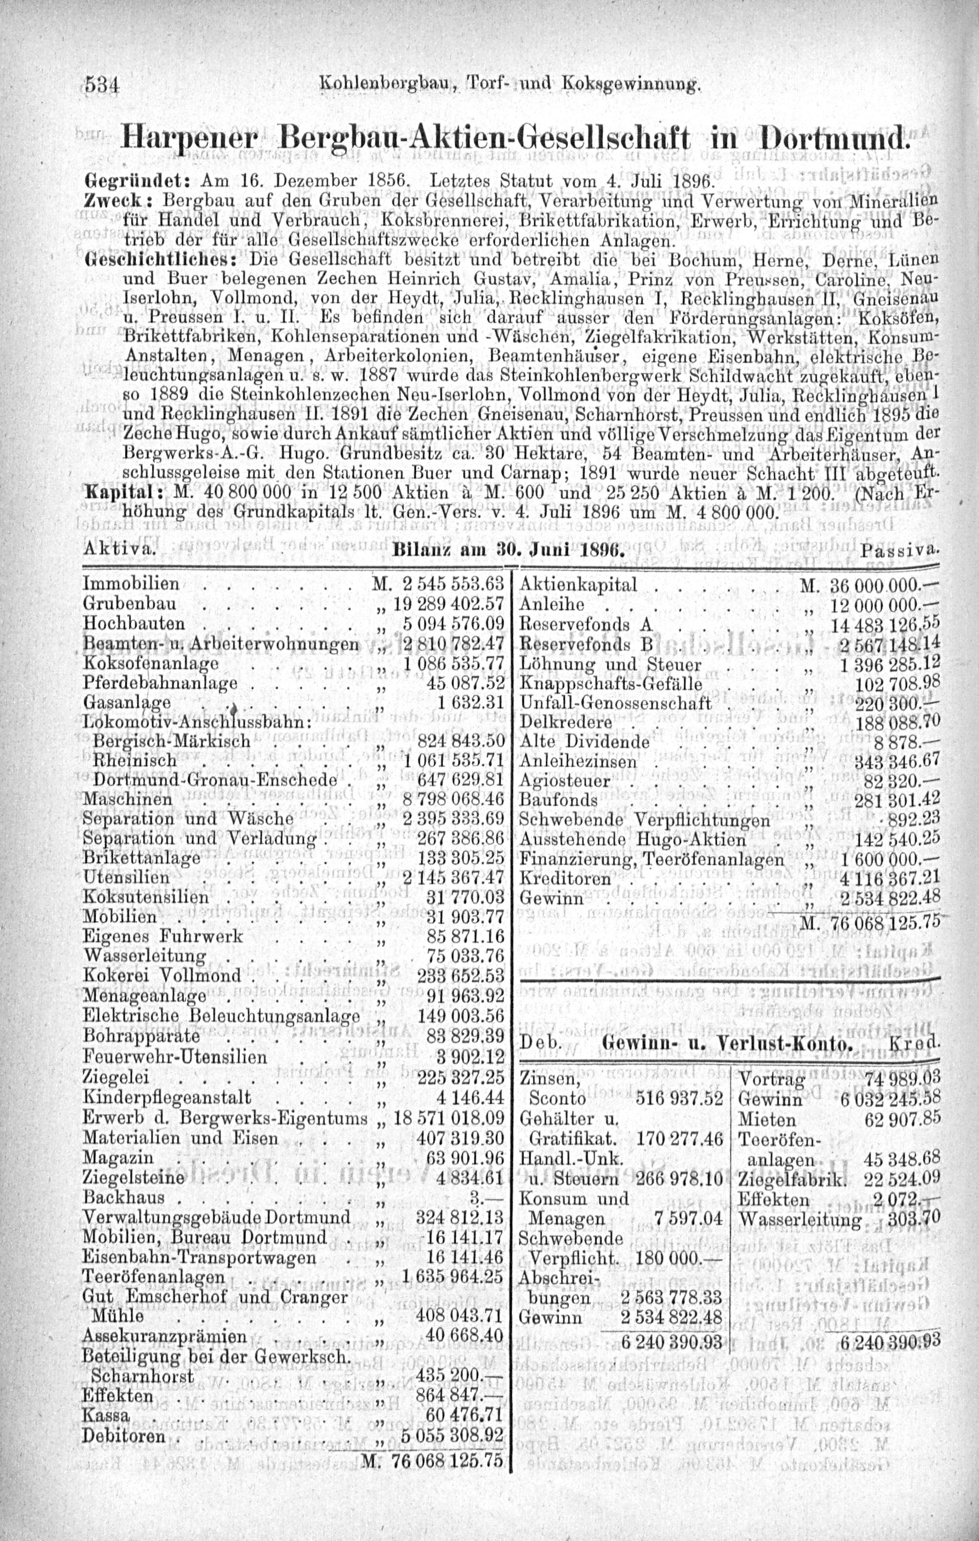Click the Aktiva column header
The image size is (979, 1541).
click(x=118, y=549)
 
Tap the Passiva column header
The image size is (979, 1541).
click(x=900, y=549)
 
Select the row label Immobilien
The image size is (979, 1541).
click(x=131, y=584)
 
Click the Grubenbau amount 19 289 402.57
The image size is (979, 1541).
click(x=455, y=603)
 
